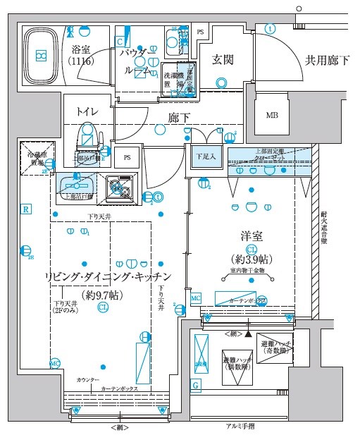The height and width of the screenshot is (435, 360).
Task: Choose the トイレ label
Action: click(x=87, y=111)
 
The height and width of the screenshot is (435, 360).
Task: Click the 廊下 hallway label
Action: click(x=179, y=117)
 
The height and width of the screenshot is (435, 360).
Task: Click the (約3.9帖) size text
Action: click(x=252, y=259)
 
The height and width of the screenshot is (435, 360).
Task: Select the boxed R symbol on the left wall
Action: click(x=25, y=209)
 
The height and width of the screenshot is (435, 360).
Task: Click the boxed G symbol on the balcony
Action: click(x=195, y=384)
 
